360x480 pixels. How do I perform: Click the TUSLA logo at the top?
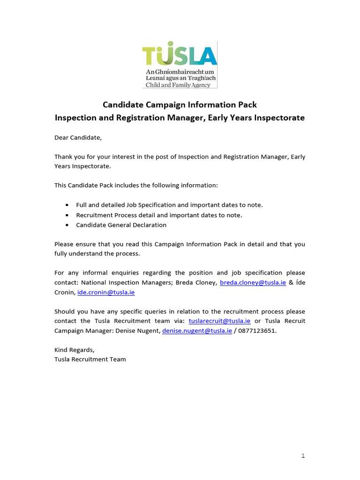(180, 64)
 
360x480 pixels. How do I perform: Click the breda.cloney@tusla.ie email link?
(253, 283)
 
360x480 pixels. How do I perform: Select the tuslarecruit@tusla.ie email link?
(219, 321)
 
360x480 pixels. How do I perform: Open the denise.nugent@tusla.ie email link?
(197, 331)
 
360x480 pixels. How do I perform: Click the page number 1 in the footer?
(303, 456)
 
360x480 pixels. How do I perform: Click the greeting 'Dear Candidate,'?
(78, 138)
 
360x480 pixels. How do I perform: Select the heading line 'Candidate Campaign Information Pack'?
(180, 105)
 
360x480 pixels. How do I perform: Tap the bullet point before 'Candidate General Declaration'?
(67, 225)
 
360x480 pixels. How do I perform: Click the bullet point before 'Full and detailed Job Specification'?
(67, 205)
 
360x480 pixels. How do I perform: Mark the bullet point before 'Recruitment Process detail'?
(67, 215)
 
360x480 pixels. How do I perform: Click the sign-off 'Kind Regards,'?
(75, 350)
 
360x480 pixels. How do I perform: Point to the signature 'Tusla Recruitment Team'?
(90, 360)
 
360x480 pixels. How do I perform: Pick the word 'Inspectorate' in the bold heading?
(279, 118)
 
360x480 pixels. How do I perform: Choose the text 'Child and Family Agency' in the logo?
(178, 85)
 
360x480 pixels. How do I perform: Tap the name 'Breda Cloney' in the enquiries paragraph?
(196, 283)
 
